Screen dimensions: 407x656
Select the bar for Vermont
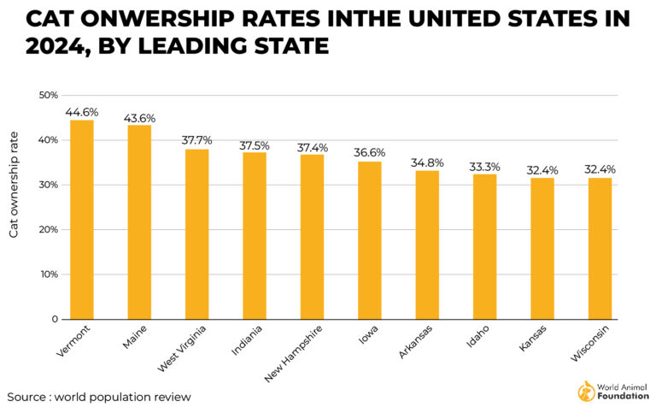click(x=82, y=220)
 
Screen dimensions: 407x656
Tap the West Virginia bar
click(x=197, y=234)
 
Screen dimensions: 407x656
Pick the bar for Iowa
click(x=369, y=240)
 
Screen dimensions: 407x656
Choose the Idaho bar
click(x=484, y=246)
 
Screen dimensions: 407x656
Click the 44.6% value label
click(x=82, y=111)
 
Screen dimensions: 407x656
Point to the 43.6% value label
click(x=139, y=116)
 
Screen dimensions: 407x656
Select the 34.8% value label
click(x=427, y=162)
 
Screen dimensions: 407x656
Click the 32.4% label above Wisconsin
click(x=599, y=168)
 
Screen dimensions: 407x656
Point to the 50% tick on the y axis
click(x=48, y=95)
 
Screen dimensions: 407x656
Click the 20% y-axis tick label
click(x=48, y=229)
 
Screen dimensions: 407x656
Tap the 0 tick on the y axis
click(x=54, y=319)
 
